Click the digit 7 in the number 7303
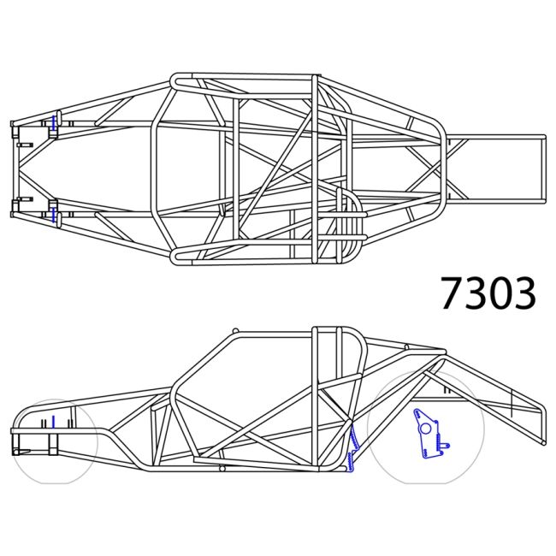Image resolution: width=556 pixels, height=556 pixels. tap(452, 293)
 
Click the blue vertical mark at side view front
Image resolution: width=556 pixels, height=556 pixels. tap(52, 421)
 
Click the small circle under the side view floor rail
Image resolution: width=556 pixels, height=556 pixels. tap(222, 469)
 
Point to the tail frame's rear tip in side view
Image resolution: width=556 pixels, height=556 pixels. tap(541, 440)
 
